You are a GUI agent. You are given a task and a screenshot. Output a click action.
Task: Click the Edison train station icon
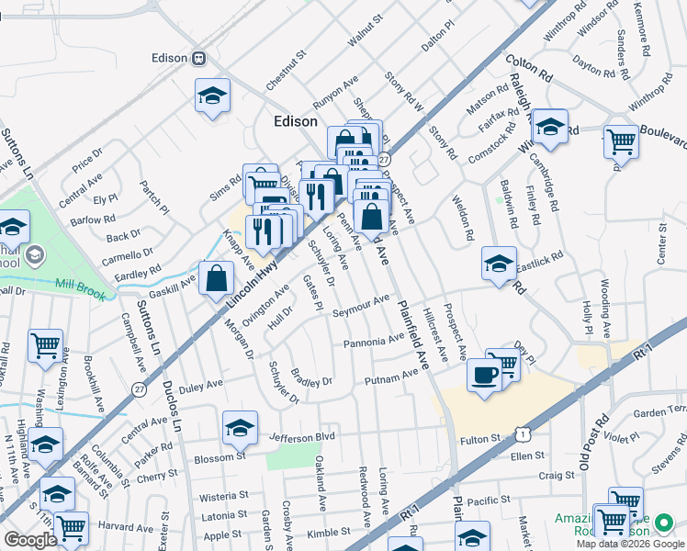coord(198,57)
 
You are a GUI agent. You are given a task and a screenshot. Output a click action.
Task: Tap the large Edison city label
coord(296,121)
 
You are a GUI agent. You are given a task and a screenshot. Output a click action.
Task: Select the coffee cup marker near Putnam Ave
coord(484,374)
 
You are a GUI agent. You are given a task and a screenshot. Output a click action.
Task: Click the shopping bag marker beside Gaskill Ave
coord(215,278)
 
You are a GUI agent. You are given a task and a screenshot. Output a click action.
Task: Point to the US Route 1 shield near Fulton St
coord(523,432)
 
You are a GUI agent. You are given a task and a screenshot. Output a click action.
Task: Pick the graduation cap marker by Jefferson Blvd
coord(239,427)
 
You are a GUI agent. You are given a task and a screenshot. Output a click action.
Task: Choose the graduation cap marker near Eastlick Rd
coord(499,264)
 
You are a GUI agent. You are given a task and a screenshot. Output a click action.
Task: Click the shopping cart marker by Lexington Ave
coord(46,345)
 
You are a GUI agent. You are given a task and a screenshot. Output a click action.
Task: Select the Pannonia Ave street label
coord(374,343)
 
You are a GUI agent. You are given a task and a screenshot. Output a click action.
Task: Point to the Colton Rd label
coord(528,67)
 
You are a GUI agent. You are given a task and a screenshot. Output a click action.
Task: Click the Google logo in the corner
coord(29,540)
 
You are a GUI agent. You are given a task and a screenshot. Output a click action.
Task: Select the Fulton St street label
coord(479,440)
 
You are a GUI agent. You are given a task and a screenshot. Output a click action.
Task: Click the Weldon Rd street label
coord(462,218)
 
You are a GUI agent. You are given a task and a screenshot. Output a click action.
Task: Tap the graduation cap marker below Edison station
coord(211,96)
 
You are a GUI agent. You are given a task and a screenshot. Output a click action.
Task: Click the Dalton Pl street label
coord(438,39)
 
